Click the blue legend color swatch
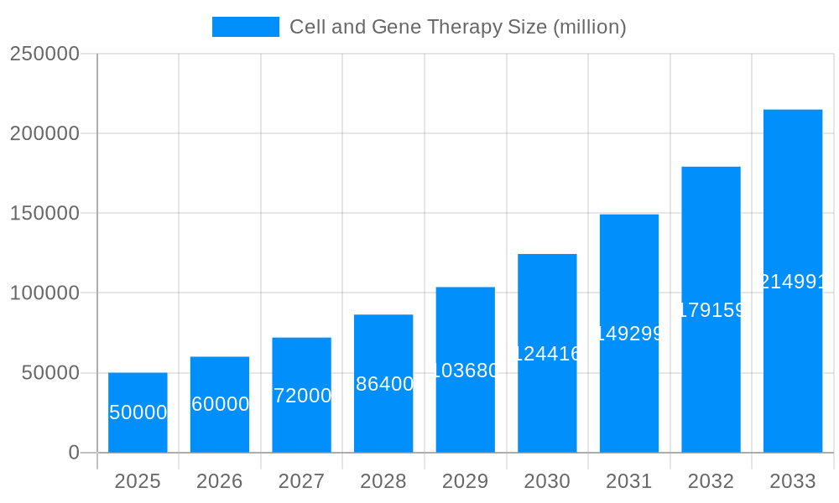click(245, 27)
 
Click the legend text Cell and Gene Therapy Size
click(457, 27)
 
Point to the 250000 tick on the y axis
click(44, 54)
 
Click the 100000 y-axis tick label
click(44, 293)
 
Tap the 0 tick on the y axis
click(73, 453)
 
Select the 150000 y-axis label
click(44, 213)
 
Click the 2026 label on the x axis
click(220, 481)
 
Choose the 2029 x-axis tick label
click(465, 481)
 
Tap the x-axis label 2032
click(711, 481)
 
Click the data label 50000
click(138, 412)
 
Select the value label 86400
click(384, 384)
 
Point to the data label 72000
click(302, 396)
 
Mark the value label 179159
click(711, 310)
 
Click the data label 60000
click(220, 404)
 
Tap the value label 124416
click(547, 354)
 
